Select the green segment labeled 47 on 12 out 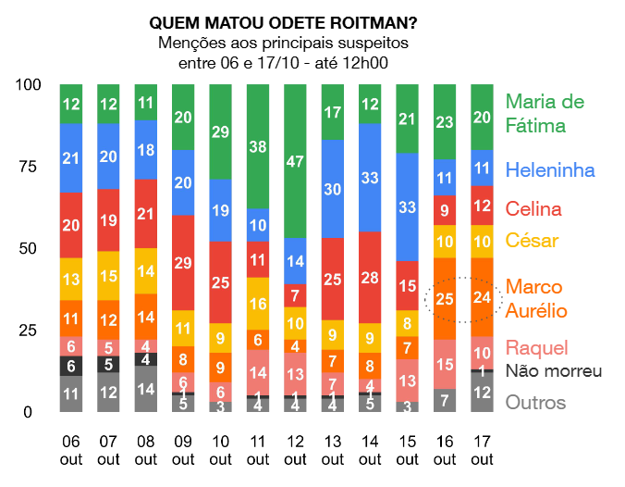[x=295, y=161]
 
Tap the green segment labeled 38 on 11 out [x=258, y=146]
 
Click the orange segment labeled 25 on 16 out [x=445, y=298]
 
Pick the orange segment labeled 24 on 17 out [x=482, y=297]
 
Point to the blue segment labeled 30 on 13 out [x=332, y=189]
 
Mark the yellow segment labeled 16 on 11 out [x=258, y=303]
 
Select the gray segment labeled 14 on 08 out [x=146, y=389]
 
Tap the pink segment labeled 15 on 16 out [x=445, y=364]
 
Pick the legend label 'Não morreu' [x=554, y=371]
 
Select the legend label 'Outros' [x=536, y=403]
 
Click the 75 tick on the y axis [x=31, y=167]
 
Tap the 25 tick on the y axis [x=31, y=331]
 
